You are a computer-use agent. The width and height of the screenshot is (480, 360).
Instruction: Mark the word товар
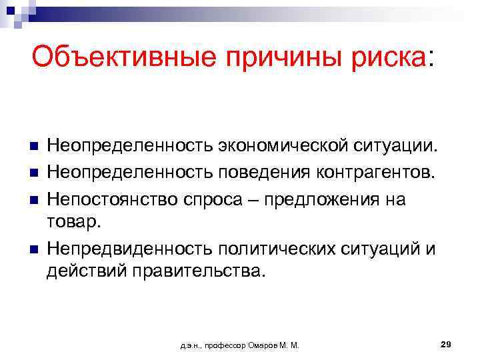coord(71,222)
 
